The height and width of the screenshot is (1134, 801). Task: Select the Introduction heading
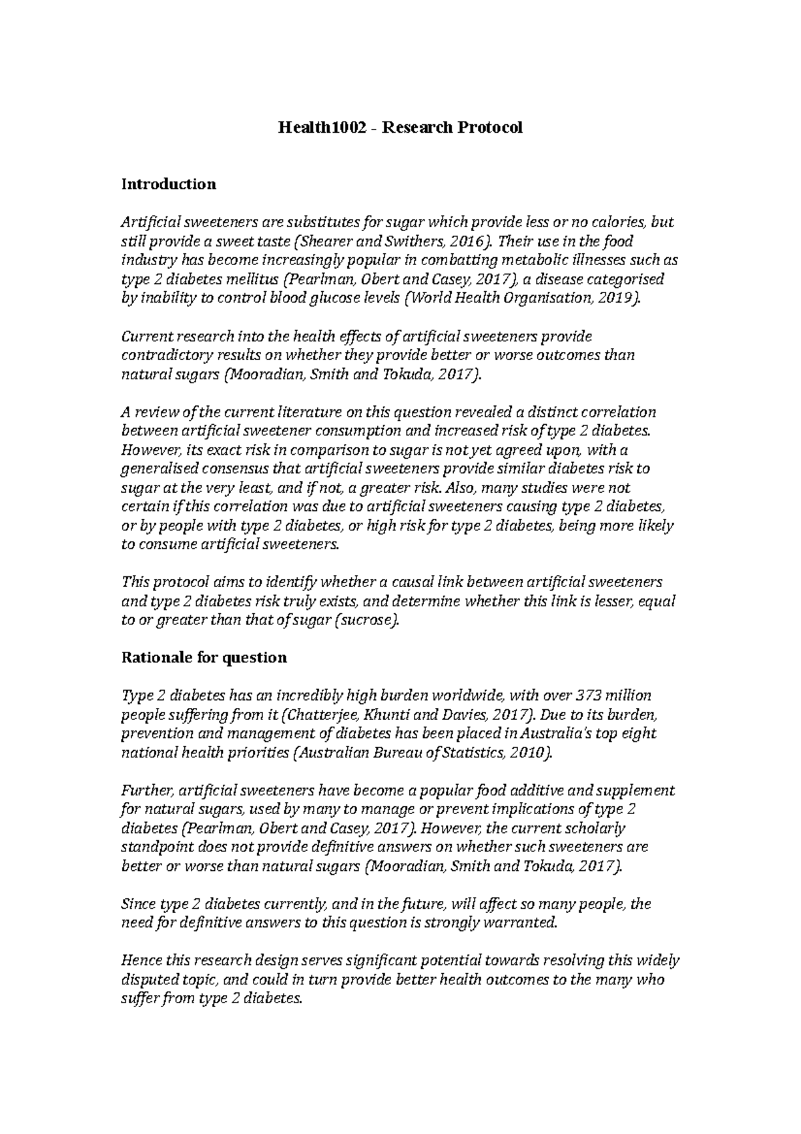(x=168, y=184)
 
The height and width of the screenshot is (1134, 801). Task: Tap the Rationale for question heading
(x=204, y=657)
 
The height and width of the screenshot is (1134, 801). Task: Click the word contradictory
(x=160, y=355)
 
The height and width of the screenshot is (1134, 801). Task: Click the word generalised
(x=158, y=468)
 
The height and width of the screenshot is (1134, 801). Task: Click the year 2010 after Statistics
(x=529, y=753)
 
